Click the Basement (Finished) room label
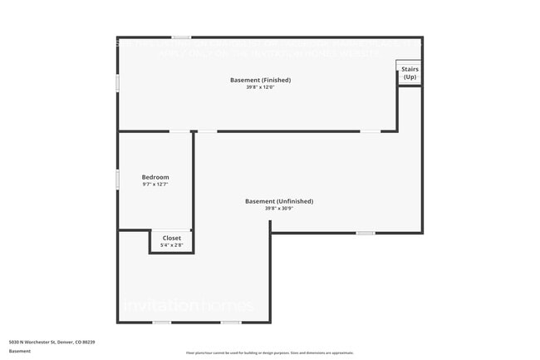click(260, 80)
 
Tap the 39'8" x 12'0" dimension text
click(260, 87)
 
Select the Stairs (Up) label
click(410, 73)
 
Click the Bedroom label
click(155, 177)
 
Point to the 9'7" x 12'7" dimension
click(155, 185)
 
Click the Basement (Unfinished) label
click(279, 201)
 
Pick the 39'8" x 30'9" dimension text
click(279, 209)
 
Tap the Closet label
click(171, 238)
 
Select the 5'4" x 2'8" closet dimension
click(171, 245)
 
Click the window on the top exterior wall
click(181, 37)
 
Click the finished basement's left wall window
click(117, 83)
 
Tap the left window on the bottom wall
click(162, 323)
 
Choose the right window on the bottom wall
click(231, 323)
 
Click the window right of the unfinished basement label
click(366, 233)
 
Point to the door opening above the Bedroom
click(180, 131)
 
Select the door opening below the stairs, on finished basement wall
click(371, 131)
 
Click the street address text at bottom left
click(52, 342)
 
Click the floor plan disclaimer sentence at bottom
click(269, 353)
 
